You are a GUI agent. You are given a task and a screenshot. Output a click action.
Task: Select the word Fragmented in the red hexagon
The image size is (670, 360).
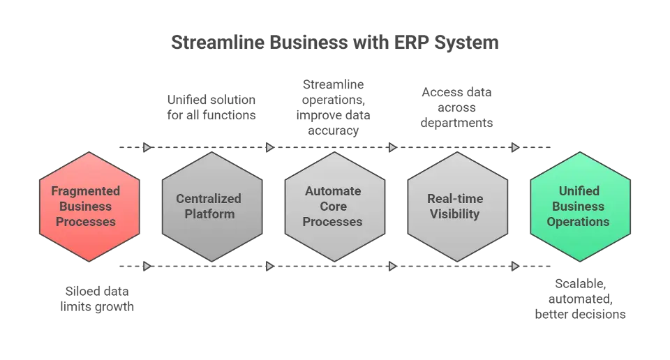coord(85,191)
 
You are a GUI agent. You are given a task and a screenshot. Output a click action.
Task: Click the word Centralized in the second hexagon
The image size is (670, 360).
coord(209,199)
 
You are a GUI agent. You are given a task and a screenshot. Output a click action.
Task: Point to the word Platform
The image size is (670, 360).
coord(209,214)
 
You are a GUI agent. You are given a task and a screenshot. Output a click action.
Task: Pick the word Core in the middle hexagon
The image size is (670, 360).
coord(333,207)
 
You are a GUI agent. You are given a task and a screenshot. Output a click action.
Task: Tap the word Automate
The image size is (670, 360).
coord(333,191)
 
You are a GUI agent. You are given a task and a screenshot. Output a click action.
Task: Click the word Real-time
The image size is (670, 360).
coord(455,199)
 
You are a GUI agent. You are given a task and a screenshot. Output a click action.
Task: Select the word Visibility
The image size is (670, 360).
coord(455,214)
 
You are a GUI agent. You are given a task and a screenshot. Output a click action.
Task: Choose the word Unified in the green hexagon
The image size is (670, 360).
coord(579,191)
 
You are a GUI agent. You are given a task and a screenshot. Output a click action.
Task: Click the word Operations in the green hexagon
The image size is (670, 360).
coord(579,222)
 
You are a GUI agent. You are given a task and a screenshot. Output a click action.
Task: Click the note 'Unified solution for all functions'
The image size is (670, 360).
coord(211,107)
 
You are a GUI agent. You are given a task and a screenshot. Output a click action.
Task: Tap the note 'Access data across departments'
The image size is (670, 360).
coord(458,107)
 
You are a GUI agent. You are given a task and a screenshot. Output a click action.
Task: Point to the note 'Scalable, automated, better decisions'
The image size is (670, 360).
coord(581,299)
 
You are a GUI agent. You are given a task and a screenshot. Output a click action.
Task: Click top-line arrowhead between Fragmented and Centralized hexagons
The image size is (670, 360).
coord(145,147)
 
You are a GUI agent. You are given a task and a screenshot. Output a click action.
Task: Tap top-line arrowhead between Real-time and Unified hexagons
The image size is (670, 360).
coord(514,147)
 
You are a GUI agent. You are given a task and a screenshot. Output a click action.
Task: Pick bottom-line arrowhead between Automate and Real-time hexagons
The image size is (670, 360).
coord(392,266)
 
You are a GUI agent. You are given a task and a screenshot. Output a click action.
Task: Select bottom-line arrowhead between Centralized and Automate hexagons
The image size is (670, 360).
coord(268,266)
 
